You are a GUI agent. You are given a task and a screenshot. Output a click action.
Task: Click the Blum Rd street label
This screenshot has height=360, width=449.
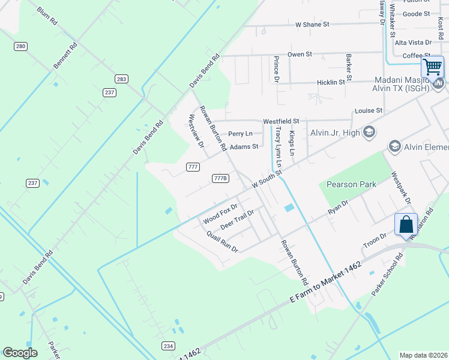coord(47,16)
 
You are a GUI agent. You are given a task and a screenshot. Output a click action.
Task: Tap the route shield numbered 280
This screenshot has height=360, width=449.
coord(21,46)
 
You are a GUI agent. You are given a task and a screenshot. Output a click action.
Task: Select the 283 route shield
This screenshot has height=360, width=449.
coord(122,79)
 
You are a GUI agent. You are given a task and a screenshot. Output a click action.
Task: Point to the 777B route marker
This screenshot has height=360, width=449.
coord(221,178)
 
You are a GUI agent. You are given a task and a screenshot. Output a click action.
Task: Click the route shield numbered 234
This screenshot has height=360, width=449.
coord(168,346)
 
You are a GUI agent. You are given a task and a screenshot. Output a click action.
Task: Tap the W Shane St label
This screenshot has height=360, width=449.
coord(313,25)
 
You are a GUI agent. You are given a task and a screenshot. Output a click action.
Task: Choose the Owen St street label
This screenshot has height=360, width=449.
coord(300,54)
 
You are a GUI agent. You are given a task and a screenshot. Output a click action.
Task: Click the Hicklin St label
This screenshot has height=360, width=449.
coord(331,82)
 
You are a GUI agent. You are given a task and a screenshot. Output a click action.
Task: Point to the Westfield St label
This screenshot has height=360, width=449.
coord(280,121)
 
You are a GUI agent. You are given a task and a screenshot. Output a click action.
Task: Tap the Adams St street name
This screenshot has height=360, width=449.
coord(244,146)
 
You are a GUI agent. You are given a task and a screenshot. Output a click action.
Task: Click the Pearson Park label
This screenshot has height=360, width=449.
coord(351,184)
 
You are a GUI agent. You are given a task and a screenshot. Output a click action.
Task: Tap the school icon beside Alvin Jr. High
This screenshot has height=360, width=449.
coord(369,132)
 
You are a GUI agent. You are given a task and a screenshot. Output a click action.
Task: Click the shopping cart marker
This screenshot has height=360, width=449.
coord(432,67)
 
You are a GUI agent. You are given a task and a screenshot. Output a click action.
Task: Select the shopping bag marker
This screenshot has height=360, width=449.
coord(406,225)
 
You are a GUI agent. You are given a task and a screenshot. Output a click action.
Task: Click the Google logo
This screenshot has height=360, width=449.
coord(20,353)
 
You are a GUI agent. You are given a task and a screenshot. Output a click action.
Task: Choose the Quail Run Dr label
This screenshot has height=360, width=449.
coord(222,241)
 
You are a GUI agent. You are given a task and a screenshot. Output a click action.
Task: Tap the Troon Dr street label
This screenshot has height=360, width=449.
coord(375,242)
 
